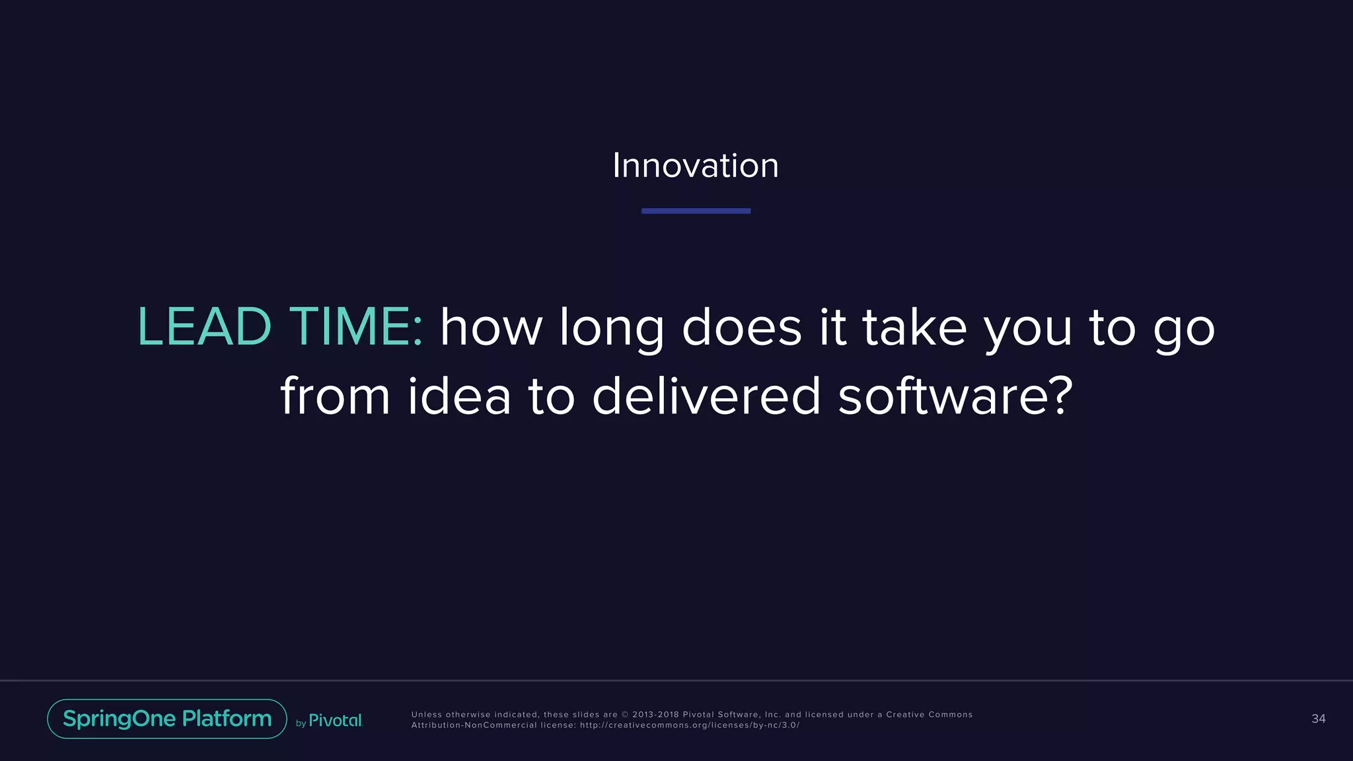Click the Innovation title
pyautogui.click(x=696, y=165)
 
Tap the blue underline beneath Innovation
pyautogui.click(x=696, y=211)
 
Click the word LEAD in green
pyautogui.click(x=204, y=326)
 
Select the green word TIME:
pyautogui.click(x=356, y=326)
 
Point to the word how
pyautogui.click(x=491, y=328)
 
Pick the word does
pyautogui.click(x=741, y=328)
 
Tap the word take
pyautogui.click(x=914, y=326)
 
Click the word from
pyautogui.click(x=335, y=396)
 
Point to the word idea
pyautogui.click(x=459, y=396)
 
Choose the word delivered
pyautogui.click(x=706, y=396)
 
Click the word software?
pyautogui.click(x=955, y=396)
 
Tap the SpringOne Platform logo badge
pyautogui.click(x=167, y=719)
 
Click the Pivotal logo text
pyautogui.click(x=336, y=721)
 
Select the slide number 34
pyautogui.click(x=1318, y=719)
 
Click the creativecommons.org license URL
pyautogui.click(x=690, y=725)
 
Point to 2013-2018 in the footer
pyautogui.click(x=655, y=715)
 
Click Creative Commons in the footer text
pyautogui.click(x=929, y=715)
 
